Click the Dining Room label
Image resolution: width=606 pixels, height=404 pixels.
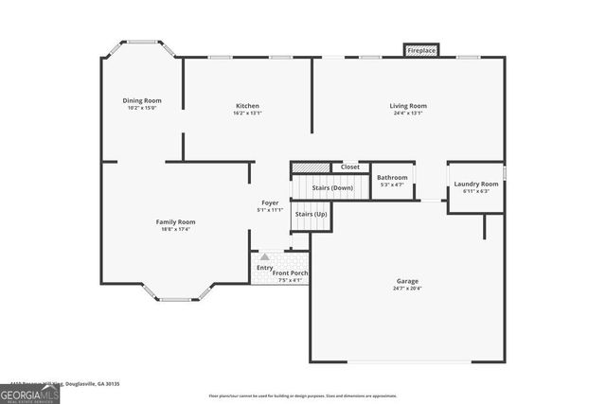[142, 100]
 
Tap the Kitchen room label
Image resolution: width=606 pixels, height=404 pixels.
[247, 105]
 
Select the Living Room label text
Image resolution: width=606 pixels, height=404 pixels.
[408, 105]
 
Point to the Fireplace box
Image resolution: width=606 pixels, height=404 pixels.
[421, 50]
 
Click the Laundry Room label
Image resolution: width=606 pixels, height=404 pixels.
[475, 184]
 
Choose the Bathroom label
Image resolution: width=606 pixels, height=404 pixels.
[392, 177]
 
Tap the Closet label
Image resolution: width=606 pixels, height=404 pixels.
[350, 167]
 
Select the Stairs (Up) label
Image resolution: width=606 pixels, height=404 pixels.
[311, 214]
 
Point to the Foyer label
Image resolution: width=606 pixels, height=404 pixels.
[270, 202]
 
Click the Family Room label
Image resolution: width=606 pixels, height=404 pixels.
[176, 221]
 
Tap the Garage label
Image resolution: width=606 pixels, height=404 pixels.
[407, 281]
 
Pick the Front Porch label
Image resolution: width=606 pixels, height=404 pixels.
[291, 272]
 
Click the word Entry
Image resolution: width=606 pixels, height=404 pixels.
[265, 268]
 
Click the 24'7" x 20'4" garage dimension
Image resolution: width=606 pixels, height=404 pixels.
[407, 289]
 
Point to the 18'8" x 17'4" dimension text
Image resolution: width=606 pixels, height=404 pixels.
[176, 229]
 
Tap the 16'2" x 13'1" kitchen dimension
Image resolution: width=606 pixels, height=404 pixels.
[247, 113]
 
